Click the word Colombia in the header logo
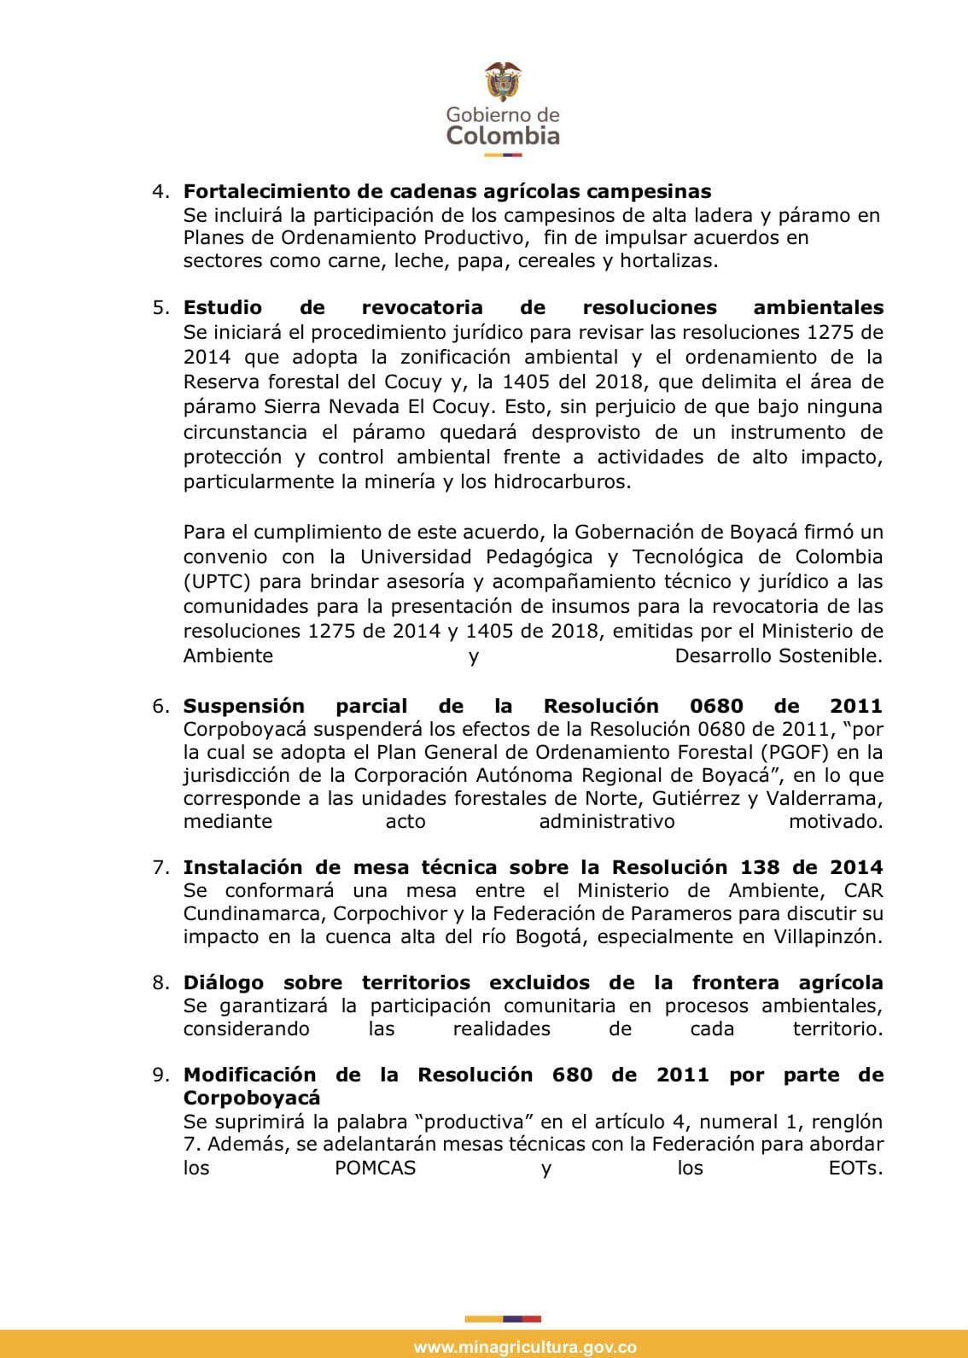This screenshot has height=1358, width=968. [x=503, y=136]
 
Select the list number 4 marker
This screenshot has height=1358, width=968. [x=161, y=190]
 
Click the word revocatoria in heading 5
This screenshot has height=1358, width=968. [x=422, y=307]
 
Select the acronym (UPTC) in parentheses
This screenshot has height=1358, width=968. [x=218, y=582]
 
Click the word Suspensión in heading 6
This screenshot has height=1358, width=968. [x=244, y=707]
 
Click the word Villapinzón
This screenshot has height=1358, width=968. [x=825, y=936]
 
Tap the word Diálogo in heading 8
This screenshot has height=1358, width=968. [x=224, y=983]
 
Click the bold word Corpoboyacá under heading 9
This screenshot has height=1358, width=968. [x=252, y=1098]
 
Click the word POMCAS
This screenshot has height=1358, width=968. [x=376, y=1168]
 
